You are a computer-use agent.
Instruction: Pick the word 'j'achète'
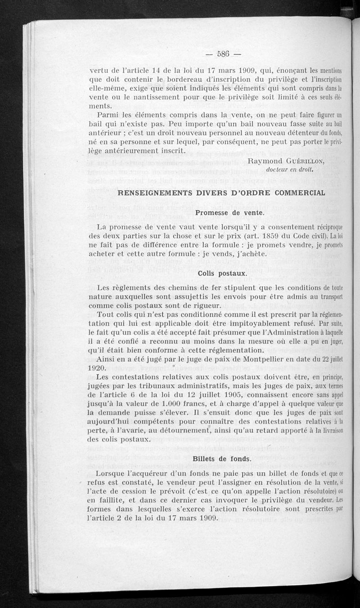[241, 254]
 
